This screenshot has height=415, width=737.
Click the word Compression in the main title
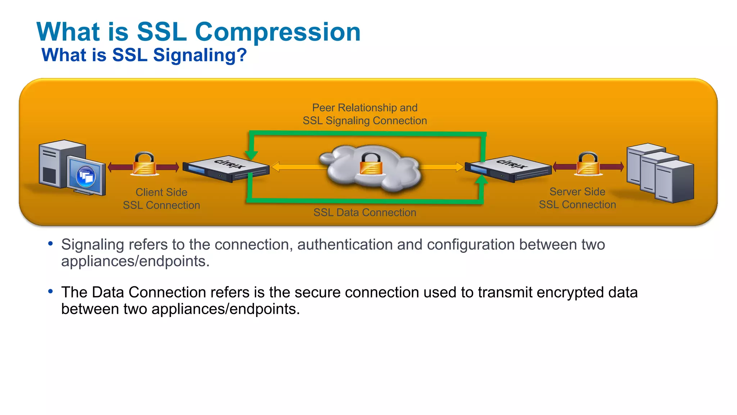[x=277, y=32]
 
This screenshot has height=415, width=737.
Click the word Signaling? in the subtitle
[x=200, y=55]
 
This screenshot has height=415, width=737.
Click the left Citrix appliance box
[x=226, y=169]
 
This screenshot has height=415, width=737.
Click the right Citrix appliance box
[x=508, y=169]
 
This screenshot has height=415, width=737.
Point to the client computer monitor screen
[x=86, y=175]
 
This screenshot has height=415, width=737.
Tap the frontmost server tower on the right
[x=674, y=182]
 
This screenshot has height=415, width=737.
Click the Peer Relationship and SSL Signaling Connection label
[x=365, y=114]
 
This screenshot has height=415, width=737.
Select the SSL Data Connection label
[x=365, y=213]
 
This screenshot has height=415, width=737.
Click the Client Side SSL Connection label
[x=161, y=198]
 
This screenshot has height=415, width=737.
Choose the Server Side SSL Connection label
[x=577, y=198]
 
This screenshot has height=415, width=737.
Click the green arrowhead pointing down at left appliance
[x=251, y=155]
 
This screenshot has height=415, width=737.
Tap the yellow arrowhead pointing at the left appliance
[x=275, y=167]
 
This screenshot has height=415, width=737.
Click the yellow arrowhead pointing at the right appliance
[x=460, y=167]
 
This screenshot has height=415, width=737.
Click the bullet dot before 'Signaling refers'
[x=50, y=244]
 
